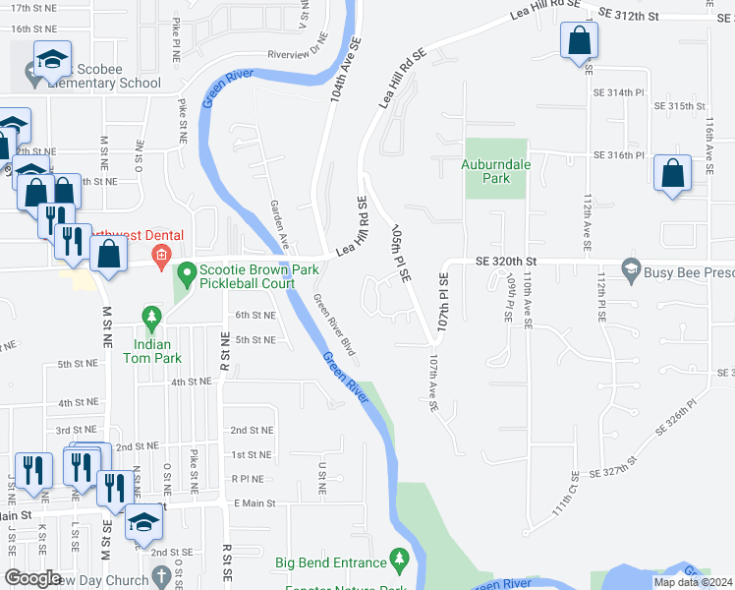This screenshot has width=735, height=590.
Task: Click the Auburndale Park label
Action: [497, 171]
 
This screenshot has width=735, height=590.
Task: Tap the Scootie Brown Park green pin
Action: [185, 271]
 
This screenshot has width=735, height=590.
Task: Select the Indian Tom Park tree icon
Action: [150, 317]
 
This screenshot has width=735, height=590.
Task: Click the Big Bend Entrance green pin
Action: [399, 559]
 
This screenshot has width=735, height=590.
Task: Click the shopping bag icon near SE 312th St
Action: [580, 41]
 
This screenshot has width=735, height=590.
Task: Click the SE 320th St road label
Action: [509, 262]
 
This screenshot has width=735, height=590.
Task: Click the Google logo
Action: [33, 578]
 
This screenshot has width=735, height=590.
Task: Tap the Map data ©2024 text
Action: [693, 582]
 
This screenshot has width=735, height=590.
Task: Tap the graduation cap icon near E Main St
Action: [143, 522]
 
